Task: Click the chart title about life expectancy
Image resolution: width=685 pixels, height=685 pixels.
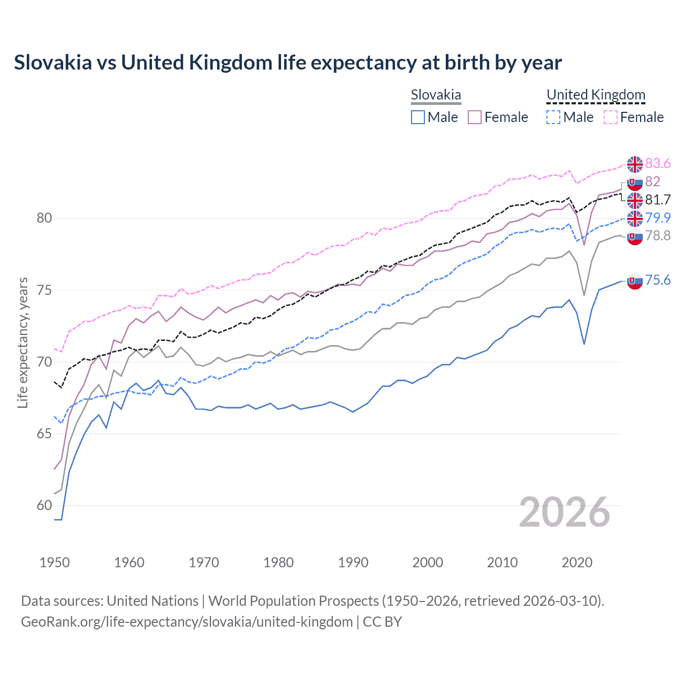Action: point(288,63)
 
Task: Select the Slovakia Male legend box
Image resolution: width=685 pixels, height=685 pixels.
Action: point(418,117)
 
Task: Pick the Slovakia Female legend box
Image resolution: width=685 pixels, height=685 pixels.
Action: point(475,117)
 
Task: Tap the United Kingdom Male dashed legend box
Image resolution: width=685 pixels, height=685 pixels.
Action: point(553,117)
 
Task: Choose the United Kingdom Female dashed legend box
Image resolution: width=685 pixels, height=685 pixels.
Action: point(611,117)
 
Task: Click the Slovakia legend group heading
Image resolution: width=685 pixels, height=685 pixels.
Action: point(436,95)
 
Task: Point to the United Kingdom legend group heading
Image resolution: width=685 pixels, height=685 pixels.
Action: point(596,95)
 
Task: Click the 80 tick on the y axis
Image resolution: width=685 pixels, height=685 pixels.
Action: point(44,218)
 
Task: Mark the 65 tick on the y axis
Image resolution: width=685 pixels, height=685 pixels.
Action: point(44,434)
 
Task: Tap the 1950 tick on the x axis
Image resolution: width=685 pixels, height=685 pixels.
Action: point(55,562)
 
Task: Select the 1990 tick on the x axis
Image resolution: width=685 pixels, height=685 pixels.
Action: point(353,562)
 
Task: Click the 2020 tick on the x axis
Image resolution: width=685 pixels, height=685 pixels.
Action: point(577,562)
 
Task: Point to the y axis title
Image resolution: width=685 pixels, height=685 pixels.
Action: point(23,342)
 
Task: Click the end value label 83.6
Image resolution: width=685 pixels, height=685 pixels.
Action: point(658,163)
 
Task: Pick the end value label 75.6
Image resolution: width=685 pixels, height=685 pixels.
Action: point(658,280)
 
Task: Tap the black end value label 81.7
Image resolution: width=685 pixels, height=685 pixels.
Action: point(658,200)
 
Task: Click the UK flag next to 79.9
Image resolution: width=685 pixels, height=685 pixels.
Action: point(635,218)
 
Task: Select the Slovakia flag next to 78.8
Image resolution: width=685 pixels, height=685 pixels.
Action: point(635,237)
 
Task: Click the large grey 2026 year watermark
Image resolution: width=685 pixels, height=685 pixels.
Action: point(564,512)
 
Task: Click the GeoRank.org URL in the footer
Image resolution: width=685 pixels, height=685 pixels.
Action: point(187,622)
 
